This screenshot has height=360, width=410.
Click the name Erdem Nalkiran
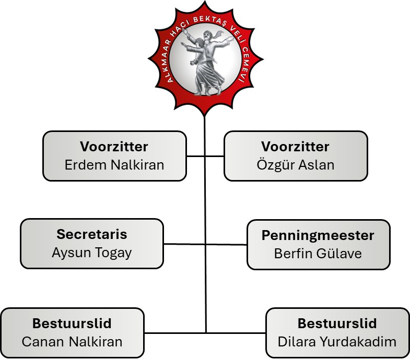(x=114, y=165)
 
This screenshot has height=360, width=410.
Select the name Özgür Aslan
(x=296, y=165)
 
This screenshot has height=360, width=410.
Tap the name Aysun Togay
(x=92, y=253)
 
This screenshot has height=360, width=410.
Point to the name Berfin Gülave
(x=318, y=254)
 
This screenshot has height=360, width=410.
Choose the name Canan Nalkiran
(x=72, y=342)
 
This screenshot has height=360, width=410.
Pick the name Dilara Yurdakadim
(x=337, y=342)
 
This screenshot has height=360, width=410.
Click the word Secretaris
(x=92, y=234)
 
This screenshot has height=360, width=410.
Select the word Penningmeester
(x=318, y=235)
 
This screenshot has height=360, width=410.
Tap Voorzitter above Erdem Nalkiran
(x=114, y=146)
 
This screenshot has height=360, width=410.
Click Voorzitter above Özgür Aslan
(x=296, y=146)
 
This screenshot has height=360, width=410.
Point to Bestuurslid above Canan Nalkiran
(x=72, y=323)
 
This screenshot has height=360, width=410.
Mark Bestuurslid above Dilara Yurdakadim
(x=337, y=323)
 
